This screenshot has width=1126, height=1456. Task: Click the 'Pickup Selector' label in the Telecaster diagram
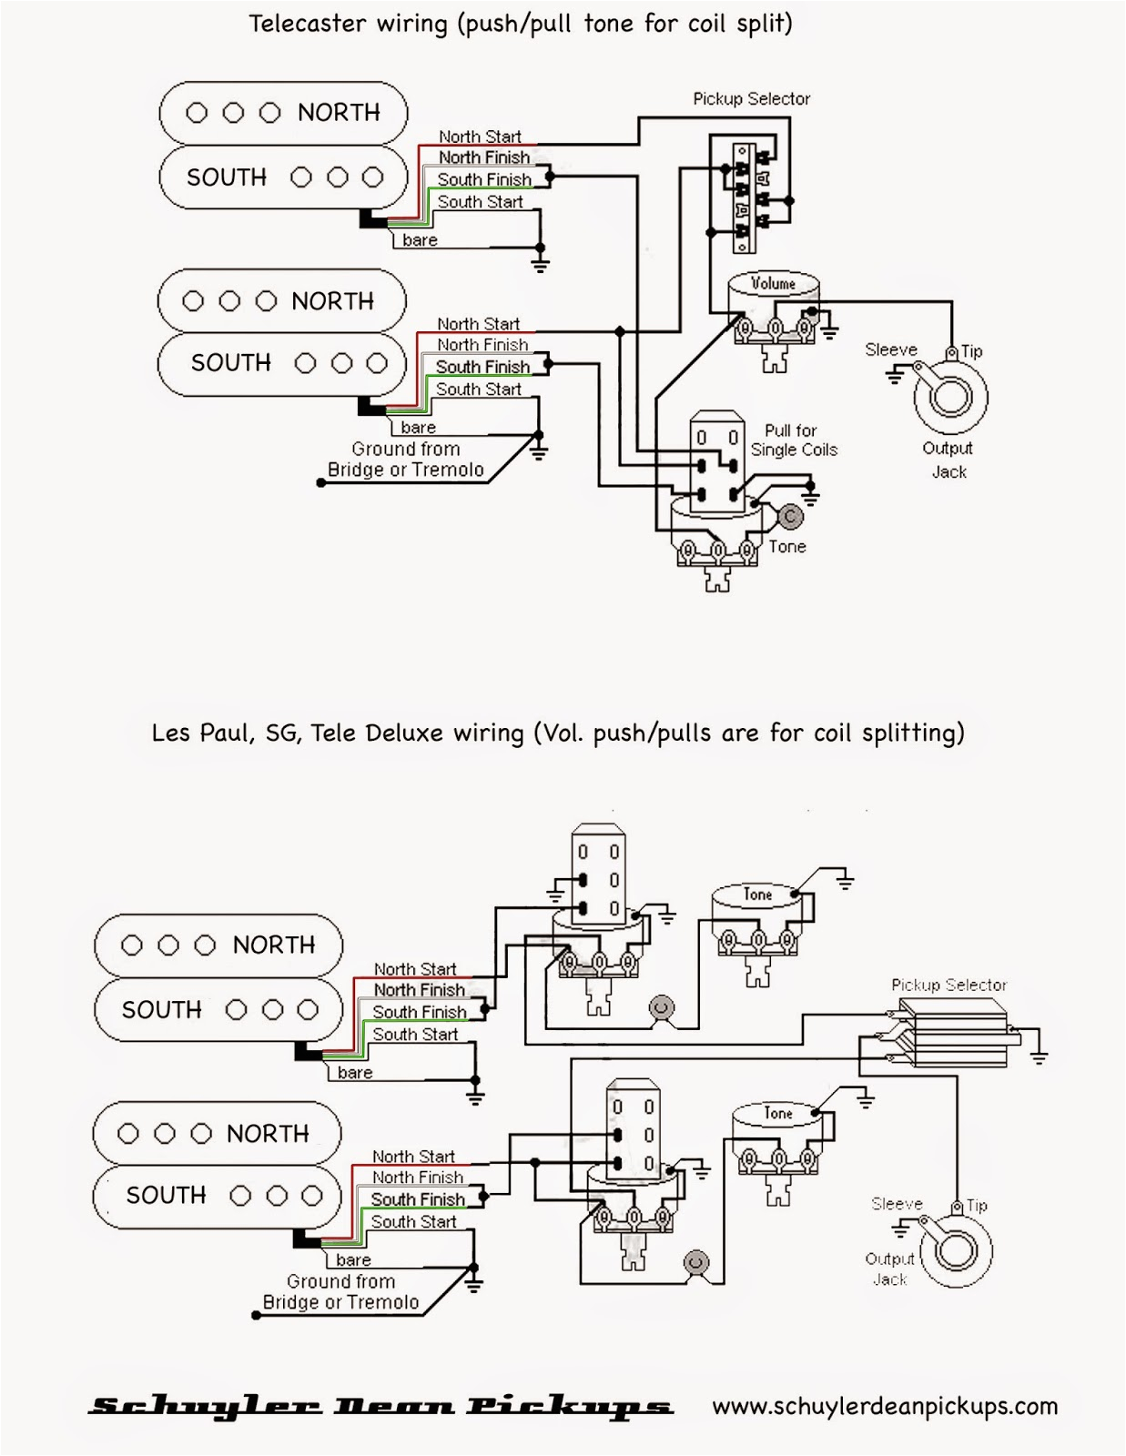[x=751, y=98]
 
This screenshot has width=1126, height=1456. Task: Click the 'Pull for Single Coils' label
[x=793, y=440]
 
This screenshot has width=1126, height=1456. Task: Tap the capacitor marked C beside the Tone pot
[x=790, y=517]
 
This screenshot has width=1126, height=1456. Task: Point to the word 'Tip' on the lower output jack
[x=977, y=1205]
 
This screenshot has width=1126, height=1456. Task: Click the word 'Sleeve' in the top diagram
[x=890, y=349]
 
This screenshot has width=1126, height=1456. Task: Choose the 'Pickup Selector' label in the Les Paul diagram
[x=948, y=985]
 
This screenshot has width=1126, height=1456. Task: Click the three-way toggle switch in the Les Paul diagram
[x=951, y=1033]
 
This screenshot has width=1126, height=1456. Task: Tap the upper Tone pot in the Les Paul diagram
[x=757, y=919]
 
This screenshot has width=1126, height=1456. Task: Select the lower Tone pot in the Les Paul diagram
[x=778, y=1137]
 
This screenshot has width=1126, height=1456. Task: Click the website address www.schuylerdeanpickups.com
[x=885, y=1406]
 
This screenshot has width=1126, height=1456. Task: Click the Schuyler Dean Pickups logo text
[x=380, y=1407]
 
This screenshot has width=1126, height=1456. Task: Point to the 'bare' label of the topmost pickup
[x=420, y=240]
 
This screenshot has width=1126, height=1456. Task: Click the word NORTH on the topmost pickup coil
[x=339, y=113]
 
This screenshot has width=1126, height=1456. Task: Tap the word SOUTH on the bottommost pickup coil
[x=166, y=1195]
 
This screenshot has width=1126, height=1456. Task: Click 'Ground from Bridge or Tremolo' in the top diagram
[x=405, y=460]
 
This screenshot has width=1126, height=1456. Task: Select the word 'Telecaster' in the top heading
[x=307, y=24]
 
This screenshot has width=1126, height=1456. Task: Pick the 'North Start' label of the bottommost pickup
[x=413, y=1157]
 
